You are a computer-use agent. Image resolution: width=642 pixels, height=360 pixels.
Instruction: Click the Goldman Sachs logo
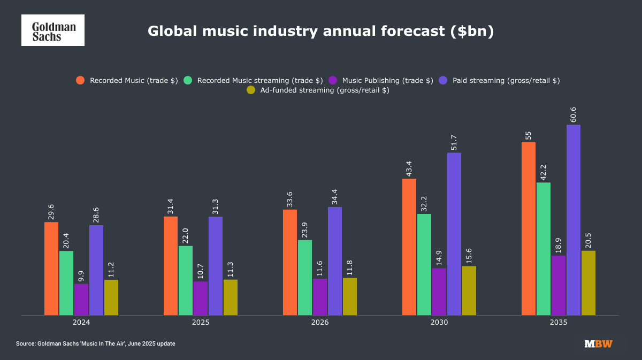[52, 30]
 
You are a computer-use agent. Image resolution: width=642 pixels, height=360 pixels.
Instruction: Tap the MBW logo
[598, 343]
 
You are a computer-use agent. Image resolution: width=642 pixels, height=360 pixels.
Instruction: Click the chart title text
[320, 31]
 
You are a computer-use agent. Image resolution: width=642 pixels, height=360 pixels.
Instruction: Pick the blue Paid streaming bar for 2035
[574, 220]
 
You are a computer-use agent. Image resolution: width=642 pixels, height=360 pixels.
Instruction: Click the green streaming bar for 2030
[424, 264]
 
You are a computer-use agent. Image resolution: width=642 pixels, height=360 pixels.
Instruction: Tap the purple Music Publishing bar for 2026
[320, 296]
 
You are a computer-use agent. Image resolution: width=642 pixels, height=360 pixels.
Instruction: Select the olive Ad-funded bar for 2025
[231, 297]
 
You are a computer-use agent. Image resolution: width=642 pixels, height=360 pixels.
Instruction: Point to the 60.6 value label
[574, 114]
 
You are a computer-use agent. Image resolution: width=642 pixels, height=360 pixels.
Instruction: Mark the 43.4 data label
[409, 168]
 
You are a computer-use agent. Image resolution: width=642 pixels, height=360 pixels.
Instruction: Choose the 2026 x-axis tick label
[320, 323]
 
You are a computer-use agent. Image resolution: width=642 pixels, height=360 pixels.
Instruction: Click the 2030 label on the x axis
[439, 323]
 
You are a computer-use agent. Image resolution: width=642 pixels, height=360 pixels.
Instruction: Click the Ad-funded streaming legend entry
[318, 90]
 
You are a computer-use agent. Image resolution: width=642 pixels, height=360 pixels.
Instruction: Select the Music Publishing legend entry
[380, 80]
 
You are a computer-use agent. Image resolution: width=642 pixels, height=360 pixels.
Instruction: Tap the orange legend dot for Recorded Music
[80, 80]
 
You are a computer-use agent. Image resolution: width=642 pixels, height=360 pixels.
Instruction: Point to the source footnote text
[95, 343]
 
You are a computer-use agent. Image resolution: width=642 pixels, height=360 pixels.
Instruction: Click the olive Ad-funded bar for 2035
[588, 283]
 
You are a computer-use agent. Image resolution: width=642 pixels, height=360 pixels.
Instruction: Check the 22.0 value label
[186, 235]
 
